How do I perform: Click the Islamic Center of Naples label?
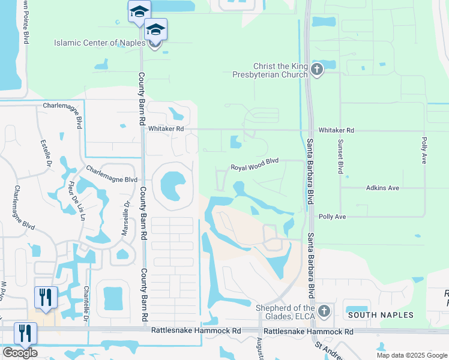[x=100, y=43]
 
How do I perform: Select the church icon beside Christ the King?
[x=318, y=70]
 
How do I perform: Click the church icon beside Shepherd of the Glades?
[x=324, y=311]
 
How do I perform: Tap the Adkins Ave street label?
[x=382, y=188]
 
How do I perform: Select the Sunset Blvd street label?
[x=340, y=157]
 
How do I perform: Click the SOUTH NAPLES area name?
[x=381, y=315]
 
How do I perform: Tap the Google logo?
[x=20, y=353]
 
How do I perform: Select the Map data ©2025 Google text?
[x=411, y=355]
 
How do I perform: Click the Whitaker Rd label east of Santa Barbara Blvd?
[x=336, y=130]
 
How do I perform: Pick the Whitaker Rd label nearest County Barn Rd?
[x=166, y=128]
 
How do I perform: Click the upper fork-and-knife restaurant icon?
[x=46, y=296]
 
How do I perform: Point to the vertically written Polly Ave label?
[x=424, y=150]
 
